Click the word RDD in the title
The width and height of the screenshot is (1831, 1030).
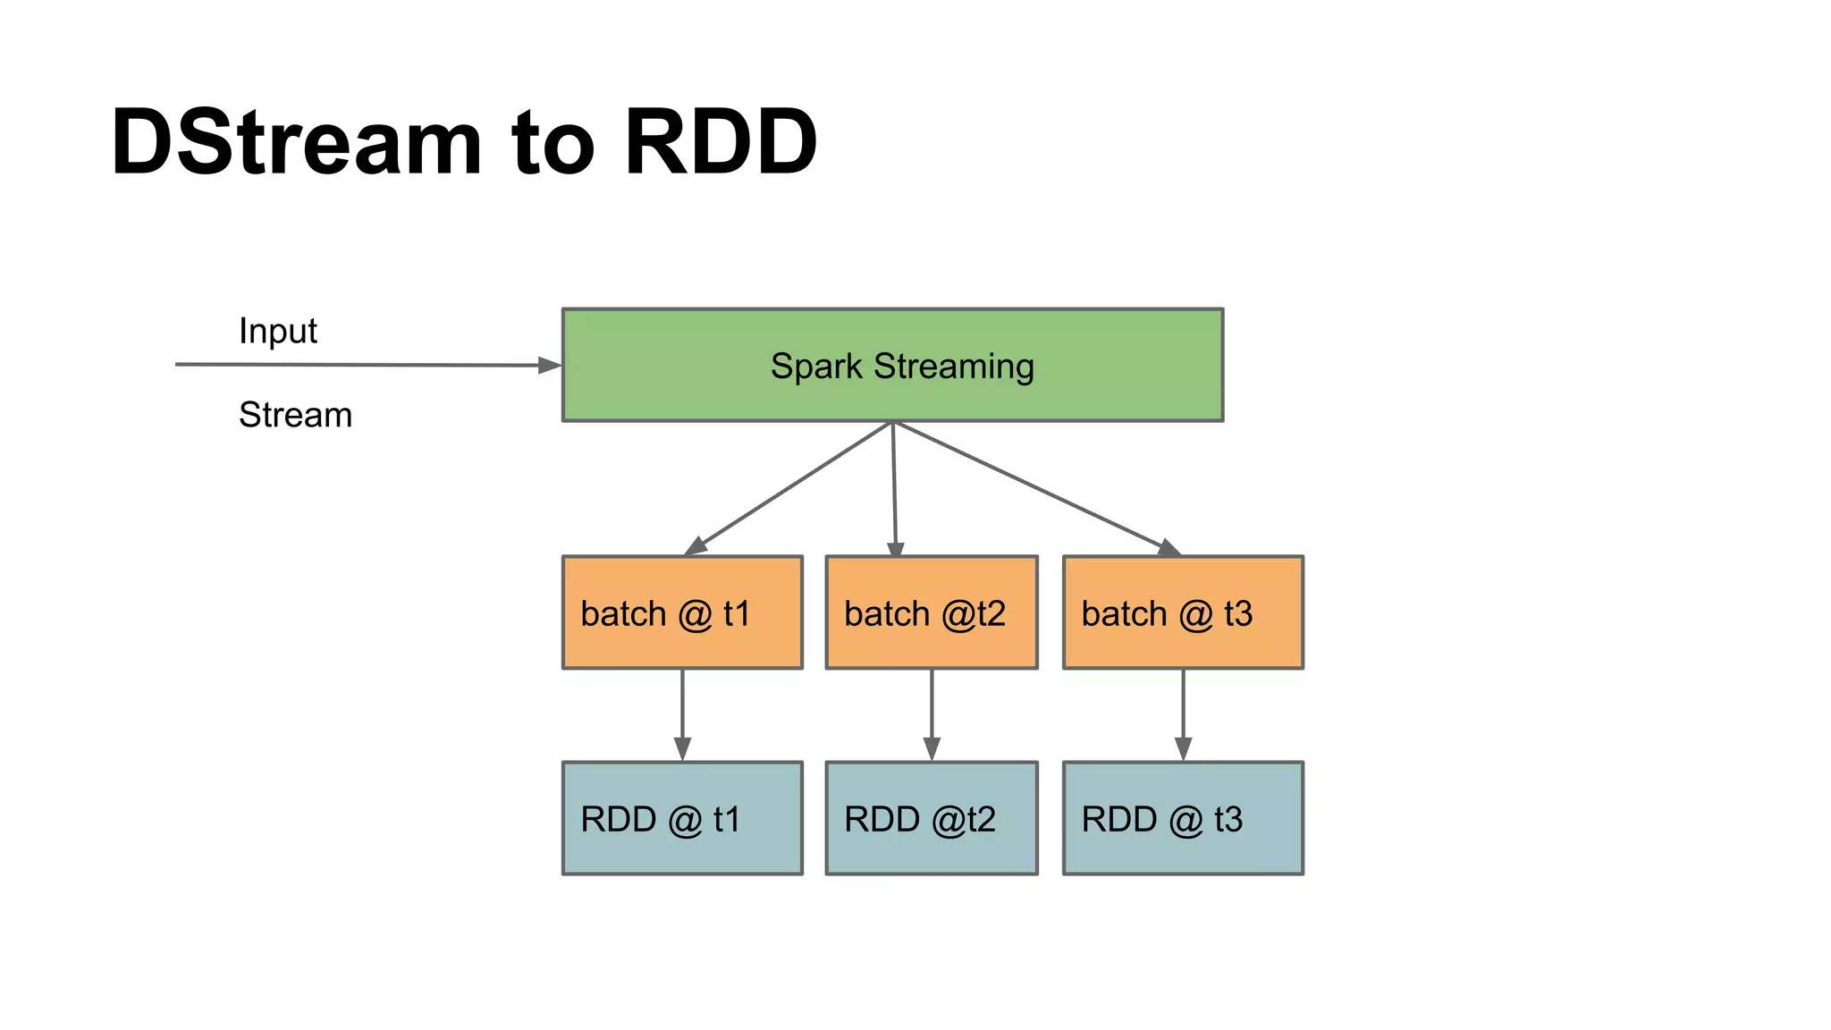[721, 143]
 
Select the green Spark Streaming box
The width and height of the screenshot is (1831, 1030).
[892, 365]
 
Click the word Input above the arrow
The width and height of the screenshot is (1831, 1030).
[277, 331]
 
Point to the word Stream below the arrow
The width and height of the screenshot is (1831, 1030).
[295, 415]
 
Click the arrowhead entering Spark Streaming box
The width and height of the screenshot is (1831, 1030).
[550, 365]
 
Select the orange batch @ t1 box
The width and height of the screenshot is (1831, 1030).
[682, 612]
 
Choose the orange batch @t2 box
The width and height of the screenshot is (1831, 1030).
[932, 612]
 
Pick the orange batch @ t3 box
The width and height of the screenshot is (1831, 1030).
[1183, 612]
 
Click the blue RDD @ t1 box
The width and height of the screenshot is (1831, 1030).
[682, 818]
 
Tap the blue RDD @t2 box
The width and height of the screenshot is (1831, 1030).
[932, 818]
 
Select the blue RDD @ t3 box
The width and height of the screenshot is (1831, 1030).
[1183, 818]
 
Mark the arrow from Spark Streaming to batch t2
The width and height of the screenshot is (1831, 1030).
[894, 487]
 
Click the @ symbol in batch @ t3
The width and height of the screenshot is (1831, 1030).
[1195, 615]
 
